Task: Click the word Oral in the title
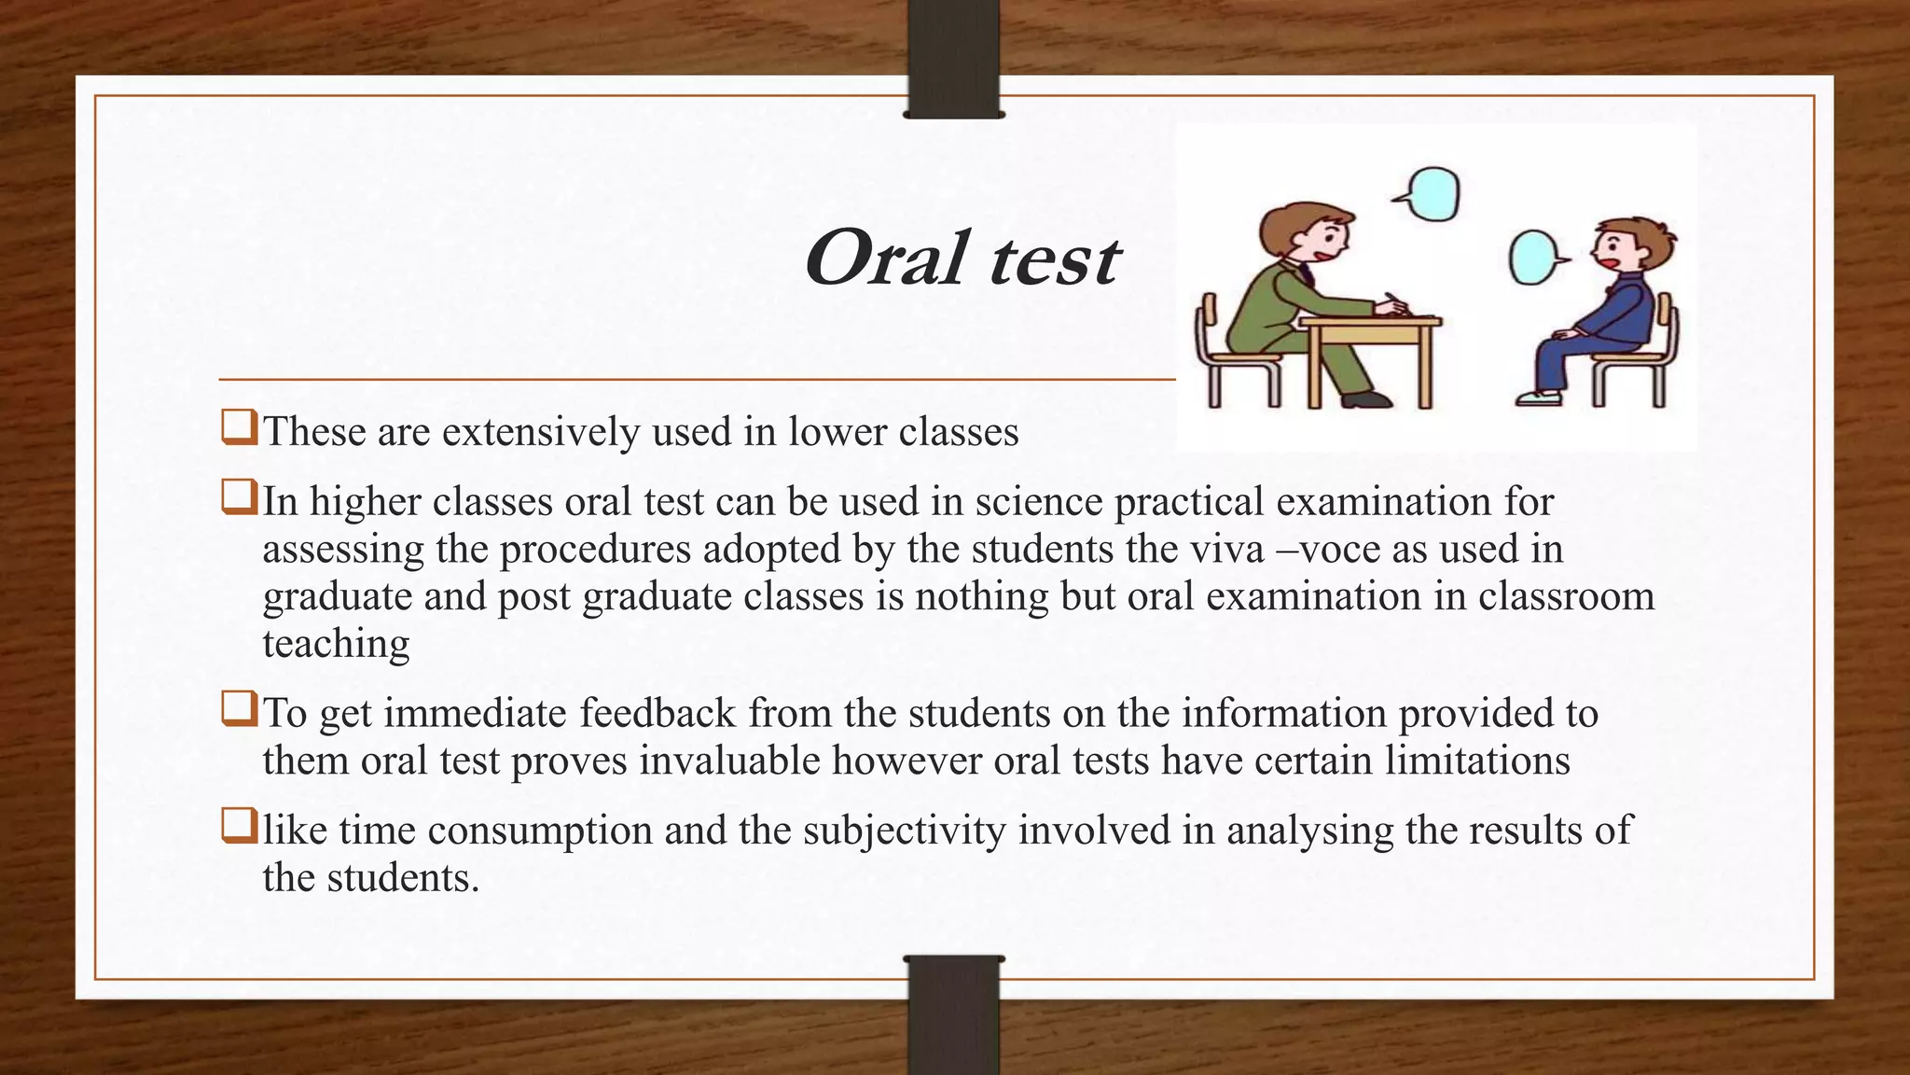point(885,258)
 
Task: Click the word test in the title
point(1054,260)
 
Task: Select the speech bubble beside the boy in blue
point(1533,258)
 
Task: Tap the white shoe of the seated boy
point(1537,398)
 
